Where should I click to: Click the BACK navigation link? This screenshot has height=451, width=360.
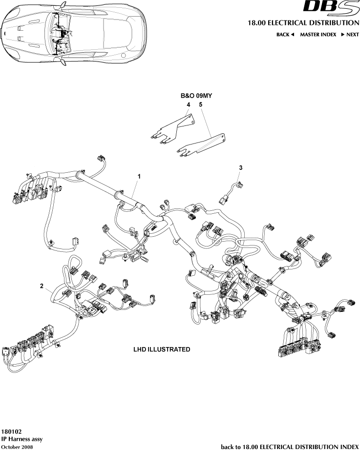[x=285, y=35]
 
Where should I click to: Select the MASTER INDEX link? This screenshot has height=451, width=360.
[x=318, y=35]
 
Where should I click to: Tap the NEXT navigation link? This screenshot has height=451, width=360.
[x=350, y=35]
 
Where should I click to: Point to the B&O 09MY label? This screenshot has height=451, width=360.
[x=194, y=96]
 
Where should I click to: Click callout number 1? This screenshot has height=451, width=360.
[x=139, y=176]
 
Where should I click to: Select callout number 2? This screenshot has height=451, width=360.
[x=42, y=285]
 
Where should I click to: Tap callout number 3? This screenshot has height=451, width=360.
[x=241, y=167]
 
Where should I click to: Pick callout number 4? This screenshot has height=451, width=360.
[x=188, y=104]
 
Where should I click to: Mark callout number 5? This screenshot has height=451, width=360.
[x=200, y=104]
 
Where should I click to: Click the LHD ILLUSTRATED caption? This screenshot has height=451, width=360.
[x=162, y=350]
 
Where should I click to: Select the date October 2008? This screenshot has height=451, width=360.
[x=18, y=447]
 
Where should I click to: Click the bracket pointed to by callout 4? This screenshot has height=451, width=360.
[x=173, y=129]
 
